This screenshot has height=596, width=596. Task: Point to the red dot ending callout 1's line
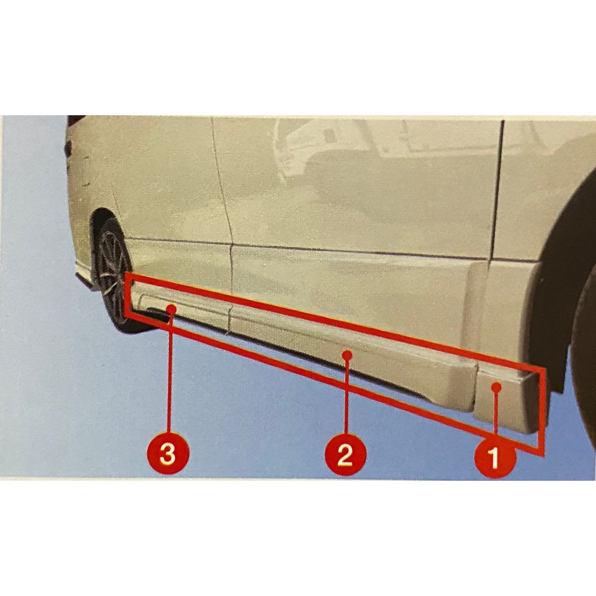pyautogui.click(x=495, y=386)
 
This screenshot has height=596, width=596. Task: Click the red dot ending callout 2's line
pyautogui.click(x=346, y=353)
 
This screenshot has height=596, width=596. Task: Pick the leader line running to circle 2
pyautogui.click(x=346, y=396)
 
